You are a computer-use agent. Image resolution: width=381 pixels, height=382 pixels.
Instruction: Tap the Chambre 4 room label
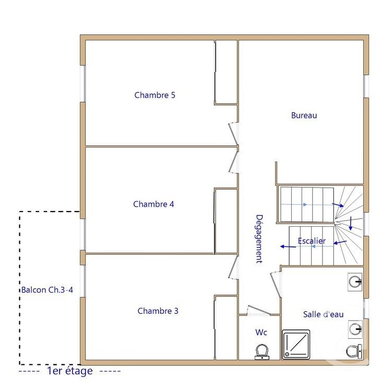point(153,204)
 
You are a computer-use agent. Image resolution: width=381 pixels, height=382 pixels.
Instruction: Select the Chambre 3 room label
point(158,311)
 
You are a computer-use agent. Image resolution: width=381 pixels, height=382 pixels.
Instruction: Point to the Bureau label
point(304,116)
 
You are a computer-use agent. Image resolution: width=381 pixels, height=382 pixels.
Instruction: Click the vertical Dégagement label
point(259,239)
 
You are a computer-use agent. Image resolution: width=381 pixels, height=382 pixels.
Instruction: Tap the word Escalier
point(312,241)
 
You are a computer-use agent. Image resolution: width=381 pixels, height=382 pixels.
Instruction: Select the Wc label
point(261,332)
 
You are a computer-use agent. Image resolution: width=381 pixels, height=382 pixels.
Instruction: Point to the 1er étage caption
point(69,371)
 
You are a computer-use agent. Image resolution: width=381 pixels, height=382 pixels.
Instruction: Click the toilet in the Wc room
point(262,352)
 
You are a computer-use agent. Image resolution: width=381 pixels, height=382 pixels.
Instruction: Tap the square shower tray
point(296,344)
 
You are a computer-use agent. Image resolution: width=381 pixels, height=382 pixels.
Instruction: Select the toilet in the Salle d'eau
point(354,351)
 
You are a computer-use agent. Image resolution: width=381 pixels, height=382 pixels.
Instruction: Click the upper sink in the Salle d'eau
point(355,282)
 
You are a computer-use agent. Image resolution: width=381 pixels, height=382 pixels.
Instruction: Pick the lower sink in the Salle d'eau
point(355,328)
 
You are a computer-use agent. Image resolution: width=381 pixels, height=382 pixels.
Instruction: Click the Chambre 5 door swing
point(233,131)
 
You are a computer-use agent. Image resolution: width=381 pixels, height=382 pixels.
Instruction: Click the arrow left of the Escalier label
point(285,247)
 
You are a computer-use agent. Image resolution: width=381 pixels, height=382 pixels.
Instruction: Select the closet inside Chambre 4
point(227,221)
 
